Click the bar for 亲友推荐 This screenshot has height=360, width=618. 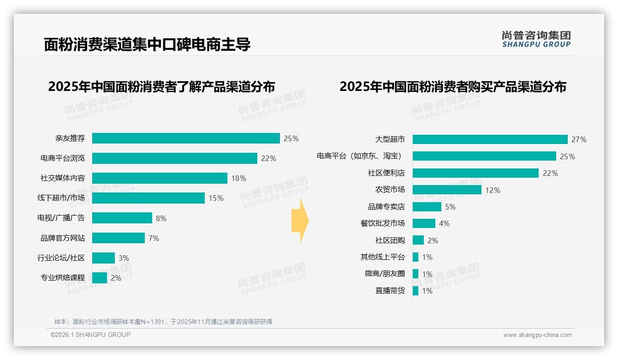tap(186, 138)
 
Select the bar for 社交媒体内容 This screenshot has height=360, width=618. tap(160, 178)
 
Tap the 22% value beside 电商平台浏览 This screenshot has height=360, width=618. tap(268, 158)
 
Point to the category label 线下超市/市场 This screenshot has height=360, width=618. tap(61, 198)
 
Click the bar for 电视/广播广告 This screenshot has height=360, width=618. tap(122, 218)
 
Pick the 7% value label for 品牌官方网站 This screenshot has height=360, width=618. tap(154, 238)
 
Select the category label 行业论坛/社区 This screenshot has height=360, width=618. tap(61, 258)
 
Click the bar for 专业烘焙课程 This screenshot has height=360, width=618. tap(100, 278)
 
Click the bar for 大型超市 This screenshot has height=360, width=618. tap(490, 139)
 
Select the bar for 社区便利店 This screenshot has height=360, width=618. tap(475, 173)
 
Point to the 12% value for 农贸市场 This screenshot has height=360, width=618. tap(493, 190)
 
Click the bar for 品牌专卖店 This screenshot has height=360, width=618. tap(427, 207)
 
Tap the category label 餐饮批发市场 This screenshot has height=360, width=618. tap(382, 223)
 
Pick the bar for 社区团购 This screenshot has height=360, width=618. tap(418, 240)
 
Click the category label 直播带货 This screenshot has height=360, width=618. tap(390, 291)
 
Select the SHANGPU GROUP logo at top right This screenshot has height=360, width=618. tap(536, 39)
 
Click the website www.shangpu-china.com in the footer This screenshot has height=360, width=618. tap(537, 335)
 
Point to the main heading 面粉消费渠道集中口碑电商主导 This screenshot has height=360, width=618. tap(147, 45)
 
